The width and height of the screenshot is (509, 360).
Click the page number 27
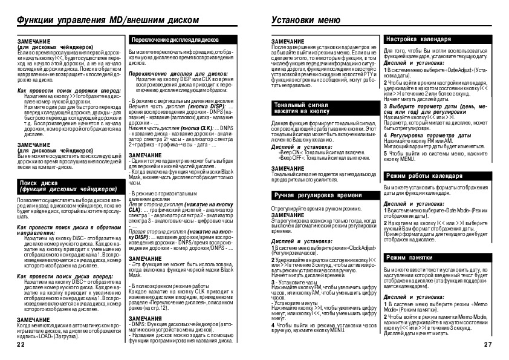[489, 344]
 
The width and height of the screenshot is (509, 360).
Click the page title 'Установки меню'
[302, 20]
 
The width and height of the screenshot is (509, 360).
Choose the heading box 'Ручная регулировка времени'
[311, 196]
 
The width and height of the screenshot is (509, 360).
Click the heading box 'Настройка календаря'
[420, 39]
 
